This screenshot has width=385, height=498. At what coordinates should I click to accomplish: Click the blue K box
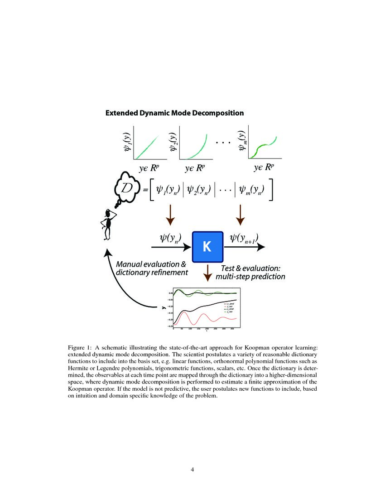click(207, 247)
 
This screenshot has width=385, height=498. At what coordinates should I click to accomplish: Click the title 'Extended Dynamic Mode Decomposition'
click(175, 113)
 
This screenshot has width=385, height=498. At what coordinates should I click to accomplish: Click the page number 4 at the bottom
click(192, 469)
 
